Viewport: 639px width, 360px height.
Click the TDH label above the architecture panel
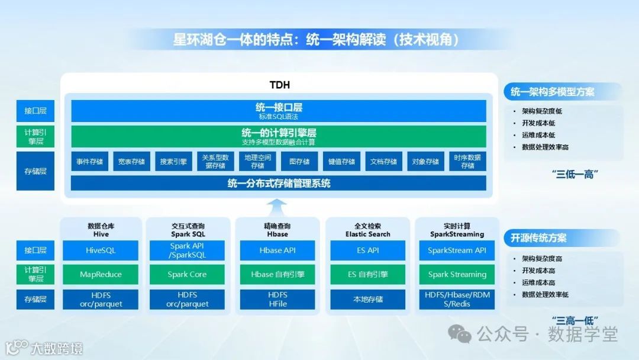click(x=279, y=85)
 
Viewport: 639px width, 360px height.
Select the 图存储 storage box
click(x=299, y=162)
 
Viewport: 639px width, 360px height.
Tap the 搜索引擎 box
click(x=173, y=162)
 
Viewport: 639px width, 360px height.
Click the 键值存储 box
click(x=341, y=162)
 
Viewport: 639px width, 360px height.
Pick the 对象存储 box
click(x=425, y=162)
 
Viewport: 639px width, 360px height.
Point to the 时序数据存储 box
click(x=467, y=162)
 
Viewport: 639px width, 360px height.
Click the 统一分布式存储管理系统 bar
click(x=279, y=184)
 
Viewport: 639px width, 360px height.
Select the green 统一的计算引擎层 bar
click(x=279, y=136)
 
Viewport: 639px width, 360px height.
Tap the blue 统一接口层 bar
click(x=279, y=111)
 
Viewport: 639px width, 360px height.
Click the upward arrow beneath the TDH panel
click(x=277, y=207)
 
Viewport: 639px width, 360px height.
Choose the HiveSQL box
click(x=101, y=250)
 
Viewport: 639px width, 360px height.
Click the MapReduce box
click(x=101, y=274)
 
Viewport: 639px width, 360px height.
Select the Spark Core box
click(x=187, y=274)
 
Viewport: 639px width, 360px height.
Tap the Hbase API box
click(x=277, y=250)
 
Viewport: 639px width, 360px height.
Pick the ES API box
click(x=367, y=250)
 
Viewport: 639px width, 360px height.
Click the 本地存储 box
click(x=367, y=299)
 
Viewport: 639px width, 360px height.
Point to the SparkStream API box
click(x=457, y=250)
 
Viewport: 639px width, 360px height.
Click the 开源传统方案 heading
click(x=538, y=238)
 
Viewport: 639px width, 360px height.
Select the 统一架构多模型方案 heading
click(x=552, y=92)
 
